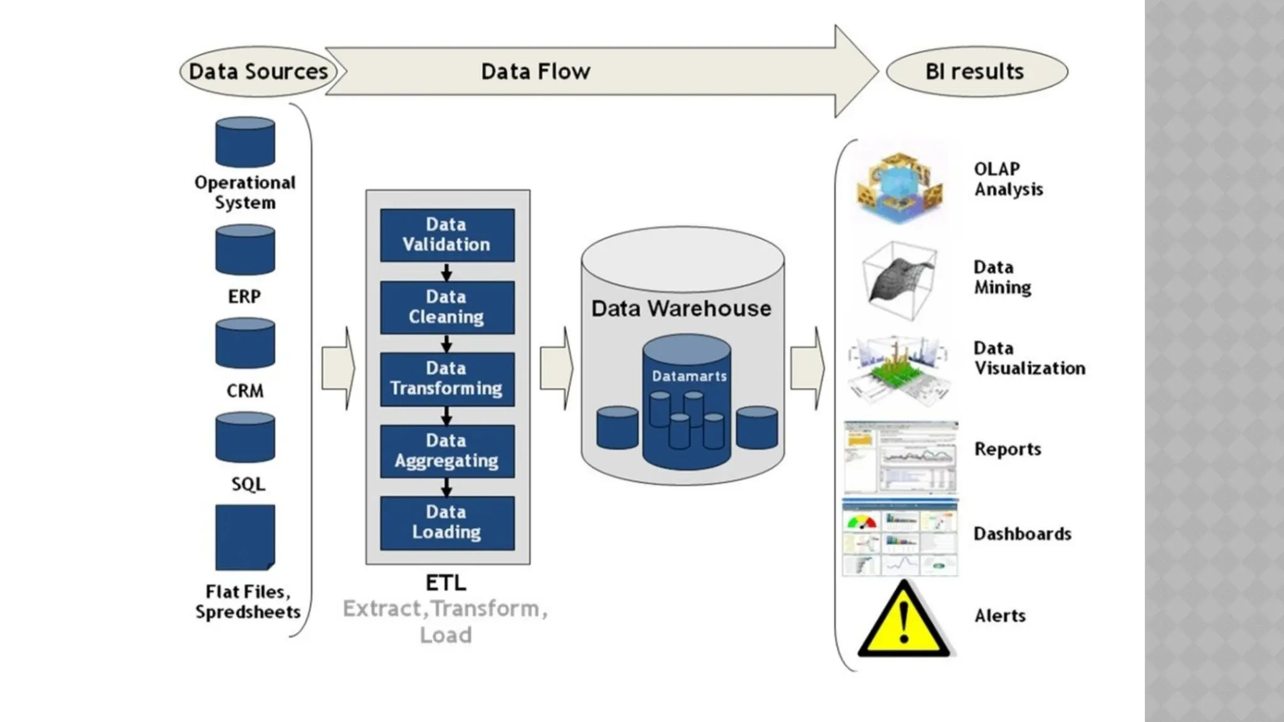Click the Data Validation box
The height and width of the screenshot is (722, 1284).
[x=447, y=235]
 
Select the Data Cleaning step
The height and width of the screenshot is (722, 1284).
[x=447, y=307]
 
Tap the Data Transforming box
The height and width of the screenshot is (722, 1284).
[x=447, y=379]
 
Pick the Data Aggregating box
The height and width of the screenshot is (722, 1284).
[x=447, y=451]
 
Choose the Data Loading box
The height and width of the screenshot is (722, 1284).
[x=447, y=523]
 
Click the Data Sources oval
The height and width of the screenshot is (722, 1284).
[x=258, y=71]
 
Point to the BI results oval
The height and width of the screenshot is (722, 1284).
[x=976, y=71]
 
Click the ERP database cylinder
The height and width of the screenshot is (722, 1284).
[x=245, y=251]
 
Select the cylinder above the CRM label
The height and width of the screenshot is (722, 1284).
[x=245, y=343]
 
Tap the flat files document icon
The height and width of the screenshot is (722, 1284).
[x=245, y=537]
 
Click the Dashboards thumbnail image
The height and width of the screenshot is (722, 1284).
[x=900, y=538]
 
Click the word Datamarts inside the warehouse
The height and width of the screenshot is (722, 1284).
[x=689, y=377]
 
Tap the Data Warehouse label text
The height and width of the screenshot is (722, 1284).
[x=681, y=309]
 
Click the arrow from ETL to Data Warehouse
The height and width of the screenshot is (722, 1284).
[x=556, y=369]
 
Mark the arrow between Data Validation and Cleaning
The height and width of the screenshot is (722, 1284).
[x=446, y=272]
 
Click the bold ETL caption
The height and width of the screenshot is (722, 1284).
[x=446, y=583]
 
